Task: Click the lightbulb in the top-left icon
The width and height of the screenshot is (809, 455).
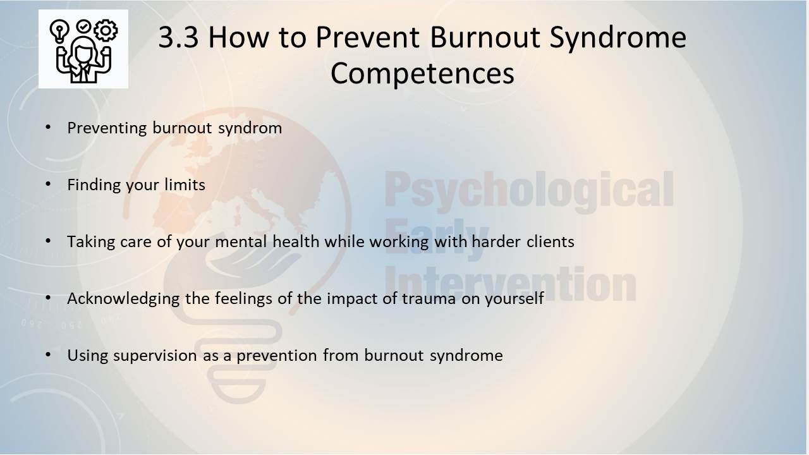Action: click(x=59, y=32)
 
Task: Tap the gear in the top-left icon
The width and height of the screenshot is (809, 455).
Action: click(x=106, y=30)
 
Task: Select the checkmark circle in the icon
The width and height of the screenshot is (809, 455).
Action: click(x=83, y=26)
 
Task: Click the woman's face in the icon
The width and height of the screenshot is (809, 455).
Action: click(x=83, y=53)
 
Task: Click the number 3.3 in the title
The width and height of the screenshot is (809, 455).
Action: click(x=178, y=37)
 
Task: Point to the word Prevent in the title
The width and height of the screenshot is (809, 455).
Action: click(x=367, y=37)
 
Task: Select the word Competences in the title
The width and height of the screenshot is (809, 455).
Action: click(x=422, y=73)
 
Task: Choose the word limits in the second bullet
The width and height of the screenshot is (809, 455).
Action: click(x=185, y=185)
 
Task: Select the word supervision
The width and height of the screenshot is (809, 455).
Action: click(x=155, y=356)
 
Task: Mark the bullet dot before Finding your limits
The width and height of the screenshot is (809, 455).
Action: click(x=48, y=184)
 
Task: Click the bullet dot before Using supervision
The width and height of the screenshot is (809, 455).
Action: click(x=48, y=355)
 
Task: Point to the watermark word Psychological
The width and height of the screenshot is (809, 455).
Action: click(x=530, y=191)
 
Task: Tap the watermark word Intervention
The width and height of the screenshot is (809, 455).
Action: click(x=510, y=284)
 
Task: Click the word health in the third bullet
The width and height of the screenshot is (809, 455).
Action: click(x=296, y=241)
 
